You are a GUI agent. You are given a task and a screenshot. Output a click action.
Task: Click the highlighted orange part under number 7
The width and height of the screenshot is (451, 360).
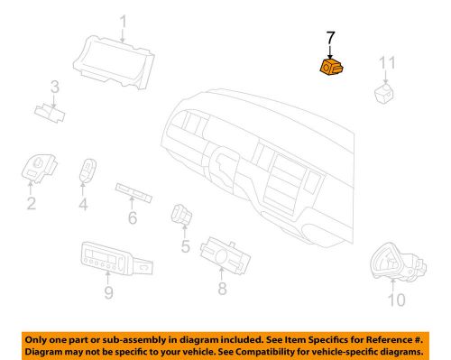point(332,67)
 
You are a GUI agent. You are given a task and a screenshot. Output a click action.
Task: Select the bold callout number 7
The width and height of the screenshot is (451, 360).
point(330,39)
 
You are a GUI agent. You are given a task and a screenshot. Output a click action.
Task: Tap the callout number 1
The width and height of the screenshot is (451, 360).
point(124,22)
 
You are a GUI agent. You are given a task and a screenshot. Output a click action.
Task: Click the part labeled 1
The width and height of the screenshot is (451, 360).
point(114,62)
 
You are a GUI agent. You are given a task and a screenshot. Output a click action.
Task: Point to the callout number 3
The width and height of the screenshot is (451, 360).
point(55,88)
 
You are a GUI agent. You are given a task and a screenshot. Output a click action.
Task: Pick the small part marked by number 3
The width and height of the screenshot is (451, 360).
point(50,114)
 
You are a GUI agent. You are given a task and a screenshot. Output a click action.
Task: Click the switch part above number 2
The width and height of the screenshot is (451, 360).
point(39,168)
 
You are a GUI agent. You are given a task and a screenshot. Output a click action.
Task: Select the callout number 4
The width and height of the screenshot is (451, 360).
point(83,204)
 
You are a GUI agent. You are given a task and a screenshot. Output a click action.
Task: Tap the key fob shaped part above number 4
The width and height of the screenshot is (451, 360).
point(88,171)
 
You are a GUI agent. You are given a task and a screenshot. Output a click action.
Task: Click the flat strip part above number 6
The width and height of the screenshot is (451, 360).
point(133,192)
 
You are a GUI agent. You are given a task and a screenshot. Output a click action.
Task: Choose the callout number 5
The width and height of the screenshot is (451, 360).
point(186,246)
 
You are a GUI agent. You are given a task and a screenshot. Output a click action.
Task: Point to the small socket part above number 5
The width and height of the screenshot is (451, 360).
point(181,214)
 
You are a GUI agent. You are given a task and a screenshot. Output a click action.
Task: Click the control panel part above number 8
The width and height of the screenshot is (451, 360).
point(225,255)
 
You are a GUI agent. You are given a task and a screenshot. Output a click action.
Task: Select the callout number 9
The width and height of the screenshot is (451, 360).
point(108,292)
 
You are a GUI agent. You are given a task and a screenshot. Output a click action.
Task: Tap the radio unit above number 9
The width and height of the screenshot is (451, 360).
point(116,258)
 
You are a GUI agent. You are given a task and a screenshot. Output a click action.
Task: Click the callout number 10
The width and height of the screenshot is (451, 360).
point(397,300)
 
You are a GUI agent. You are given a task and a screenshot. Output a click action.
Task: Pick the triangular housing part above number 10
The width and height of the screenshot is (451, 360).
point(397,262)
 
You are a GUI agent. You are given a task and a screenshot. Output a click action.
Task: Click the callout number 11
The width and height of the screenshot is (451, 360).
point(387,63)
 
